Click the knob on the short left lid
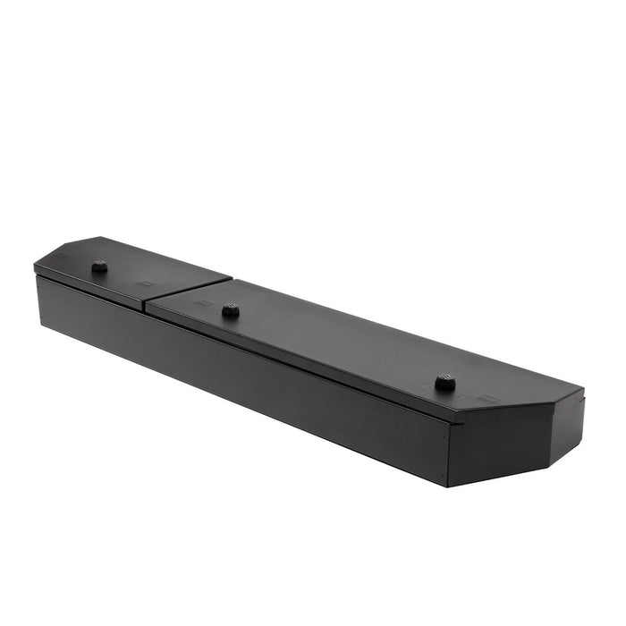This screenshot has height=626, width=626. point(99,266)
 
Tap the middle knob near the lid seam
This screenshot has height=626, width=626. point(230,309)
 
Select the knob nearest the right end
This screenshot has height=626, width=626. point(444,382)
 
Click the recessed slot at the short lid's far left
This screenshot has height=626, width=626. point(62,257)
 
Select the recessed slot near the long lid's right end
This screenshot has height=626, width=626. point(488,396)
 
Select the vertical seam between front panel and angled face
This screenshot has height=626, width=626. point(447,452)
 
